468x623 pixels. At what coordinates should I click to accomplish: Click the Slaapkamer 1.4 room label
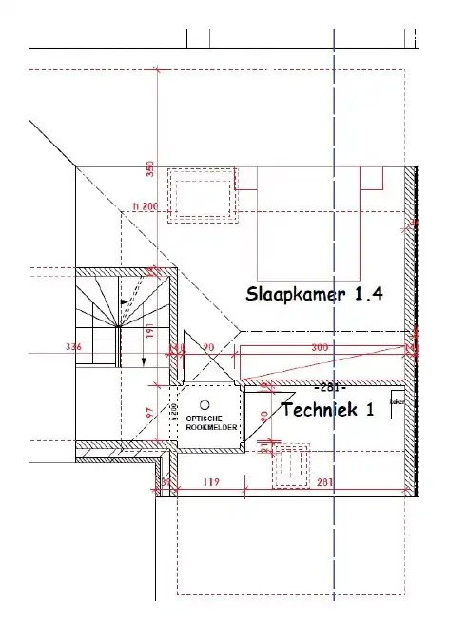click(314, 293)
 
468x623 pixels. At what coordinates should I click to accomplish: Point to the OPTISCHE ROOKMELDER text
click(205, 423)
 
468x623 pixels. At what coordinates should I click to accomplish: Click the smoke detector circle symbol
click(204, 405)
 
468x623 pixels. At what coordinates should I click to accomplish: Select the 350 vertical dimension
click(148, 168)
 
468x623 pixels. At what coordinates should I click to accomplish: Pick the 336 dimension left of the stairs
click(73, 347)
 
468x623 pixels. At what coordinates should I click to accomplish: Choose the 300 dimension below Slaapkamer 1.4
click(320, 347)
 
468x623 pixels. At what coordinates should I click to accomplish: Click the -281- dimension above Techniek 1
click(329, 387)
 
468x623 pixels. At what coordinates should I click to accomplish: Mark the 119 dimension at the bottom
click(211, 482)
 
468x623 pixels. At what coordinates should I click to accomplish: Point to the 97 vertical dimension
click(149, 415)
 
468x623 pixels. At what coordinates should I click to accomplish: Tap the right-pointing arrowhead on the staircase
click(127, 302)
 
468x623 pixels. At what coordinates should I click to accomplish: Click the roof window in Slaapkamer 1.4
click(202, 195)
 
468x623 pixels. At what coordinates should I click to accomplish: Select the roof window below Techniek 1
click(291, 465)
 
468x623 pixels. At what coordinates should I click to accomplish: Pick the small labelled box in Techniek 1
click(398, 400)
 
